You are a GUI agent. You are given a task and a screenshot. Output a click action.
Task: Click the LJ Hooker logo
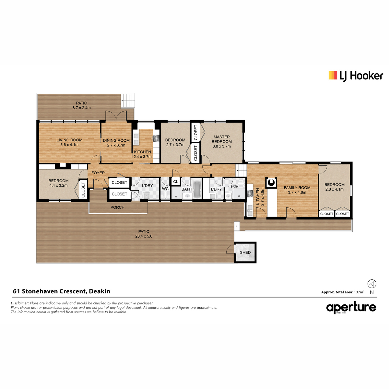[x=356, y=76]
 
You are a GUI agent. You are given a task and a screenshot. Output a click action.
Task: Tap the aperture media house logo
[x=351, y=308]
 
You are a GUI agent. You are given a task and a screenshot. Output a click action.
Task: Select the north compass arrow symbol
[x=371, y=284]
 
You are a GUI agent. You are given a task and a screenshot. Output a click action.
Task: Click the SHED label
[x=245, y=252]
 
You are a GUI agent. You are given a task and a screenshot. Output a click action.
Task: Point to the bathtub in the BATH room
[x=197, y=190]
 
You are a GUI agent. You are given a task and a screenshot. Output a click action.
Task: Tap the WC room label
[x=165, y=189]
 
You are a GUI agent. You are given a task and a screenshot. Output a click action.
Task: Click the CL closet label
[x=176, y=182]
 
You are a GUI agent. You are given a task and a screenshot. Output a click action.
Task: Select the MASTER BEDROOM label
[x=222, y=139]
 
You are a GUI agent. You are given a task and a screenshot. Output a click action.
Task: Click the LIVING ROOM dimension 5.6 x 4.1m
[x=69, y=145]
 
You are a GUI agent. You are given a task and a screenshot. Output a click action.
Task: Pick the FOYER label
[x=98, y=173]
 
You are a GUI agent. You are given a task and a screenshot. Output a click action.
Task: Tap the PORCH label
[x=117, y=207]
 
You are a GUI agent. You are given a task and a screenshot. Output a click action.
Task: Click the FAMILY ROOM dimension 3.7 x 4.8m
[x=297, y=192]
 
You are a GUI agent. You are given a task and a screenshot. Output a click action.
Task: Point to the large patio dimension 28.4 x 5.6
[x=144, y=236]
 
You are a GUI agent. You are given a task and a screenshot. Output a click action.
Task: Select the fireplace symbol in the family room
[x=271, y=183]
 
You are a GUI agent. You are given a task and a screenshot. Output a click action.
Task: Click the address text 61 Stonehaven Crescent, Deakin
[x=62, y=291]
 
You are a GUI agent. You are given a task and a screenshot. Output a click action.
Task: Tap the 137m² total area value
[x=359, y=292]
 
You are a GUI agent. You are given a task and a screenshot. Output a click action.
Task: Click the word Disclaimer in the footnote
[x=20, y=303]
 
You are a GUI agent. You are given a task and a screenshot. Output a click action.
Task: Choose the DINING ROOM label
[x=116, y=140]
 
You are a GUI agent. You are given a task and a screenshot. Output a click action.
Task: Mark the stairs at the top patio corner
[x=128, y=101]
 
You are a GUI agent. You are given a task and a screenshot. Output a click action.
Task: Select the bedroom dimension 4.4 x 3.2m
[x=59, y=185]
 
